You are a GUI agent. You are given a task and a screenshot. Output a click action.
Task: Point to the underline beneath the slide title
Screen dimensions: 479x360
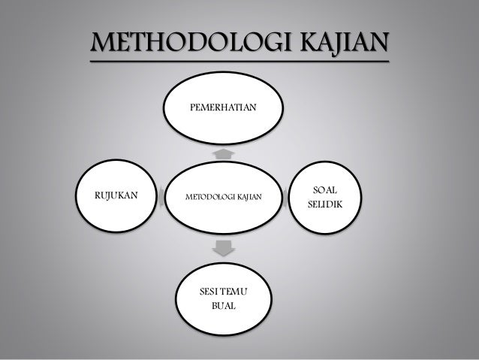click(x=240, y=62)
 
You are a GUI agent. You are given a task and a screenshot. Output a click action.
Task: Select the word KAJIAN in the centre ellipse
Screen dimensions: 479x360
click(x=249, y=198)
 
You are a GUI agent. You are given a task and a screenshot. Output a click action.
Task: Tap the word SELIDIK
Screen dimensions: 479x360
click(x=324, y=205)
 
